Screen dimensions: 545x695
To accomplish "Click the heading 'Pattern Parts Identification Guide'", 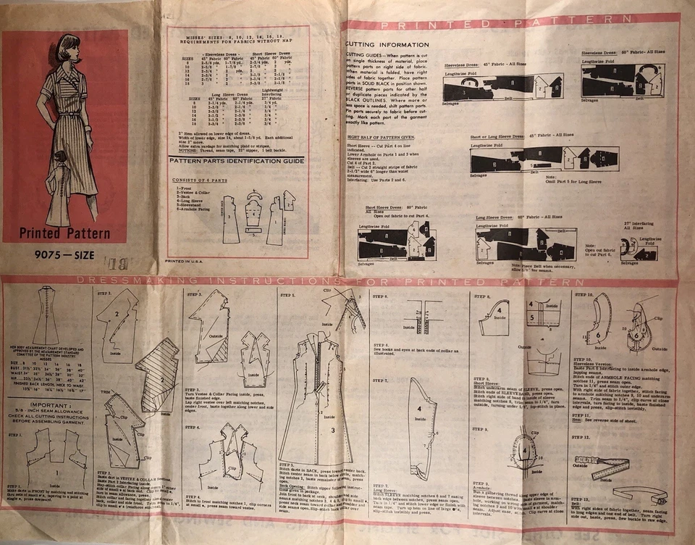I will (236, 161).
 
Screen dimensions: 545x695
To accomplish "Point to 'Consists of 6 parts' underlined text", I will (195, 178).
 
